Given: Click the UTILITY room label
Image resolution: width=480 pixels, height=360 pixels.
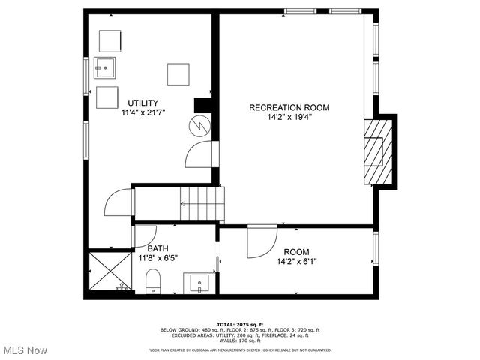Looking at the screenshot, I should [142, 103].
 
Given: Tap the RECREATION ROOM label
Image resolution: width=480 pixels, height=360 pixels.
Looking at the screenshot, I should [289, 107].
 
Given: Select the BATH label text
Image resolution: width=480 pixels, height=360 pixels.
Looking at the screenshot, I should [157, 248].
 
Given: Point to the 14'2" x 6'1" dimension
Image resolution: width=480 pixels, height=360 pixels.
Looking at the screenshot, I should [296, 262].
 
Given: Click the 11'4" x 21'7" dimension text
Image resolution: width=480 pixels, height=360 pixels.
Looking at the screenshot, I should [142, 112].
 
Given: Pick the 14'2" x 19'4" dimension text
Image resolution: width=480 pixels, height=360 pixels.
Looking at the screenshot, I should [289, 117].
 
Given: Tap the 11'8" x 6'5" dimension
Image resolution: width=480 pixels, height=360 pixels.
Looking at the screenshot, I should [157, 257].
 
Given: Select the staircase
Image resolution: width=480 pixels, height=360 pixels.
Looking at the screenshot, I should [201, 204].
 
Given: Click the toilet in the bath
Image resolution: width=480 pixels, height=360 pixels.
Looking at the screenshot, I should [154, 282].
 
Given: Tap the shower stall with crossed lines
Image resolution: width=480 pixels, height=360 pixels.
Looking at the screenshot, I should [109, 272].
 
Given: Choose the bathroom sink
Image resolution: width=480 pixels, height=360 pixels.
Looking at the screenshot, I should [199, 283].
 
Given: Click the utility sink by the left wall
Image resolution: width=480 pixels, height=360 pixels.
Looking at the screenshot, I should [106, 69].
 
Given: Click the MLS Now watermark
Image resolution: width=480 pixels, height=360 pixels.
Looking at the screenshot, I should [25, 350].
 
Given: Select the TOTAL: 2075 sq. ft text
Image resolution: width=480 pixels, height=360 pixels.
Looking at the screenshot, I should [240, 323].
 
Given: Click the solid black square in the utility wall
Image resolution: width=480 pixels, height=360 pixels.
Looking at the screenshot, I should [202, 104].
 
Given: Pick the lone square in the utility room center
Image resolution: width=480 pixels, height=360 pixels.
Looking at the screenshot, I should [178, 75].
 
